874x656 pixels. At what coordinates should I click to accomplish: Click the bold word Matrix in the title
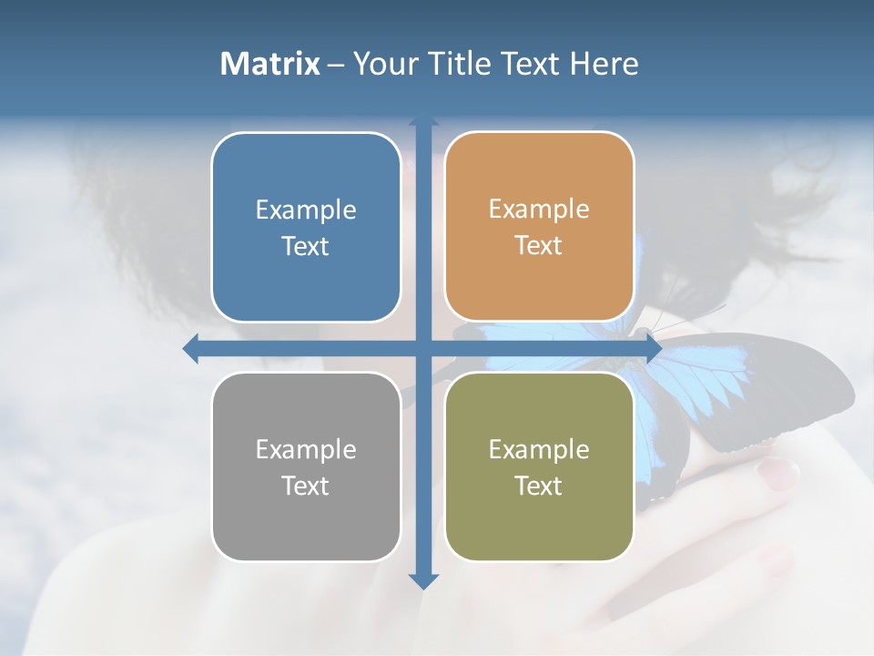tap(270, 64)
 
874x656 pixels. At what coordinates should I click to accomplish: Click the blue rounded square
tap(306, 228)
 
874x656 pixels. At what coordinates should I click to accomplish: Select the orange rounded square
tap(539, 227)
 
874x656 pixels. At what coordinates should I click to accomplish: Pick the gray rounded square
tap(306, 466)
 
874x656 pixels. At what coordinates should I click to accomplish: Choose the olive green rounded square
tap(539, 466)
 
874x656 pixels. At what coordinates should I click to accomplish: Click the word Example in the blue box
tap(306, 210)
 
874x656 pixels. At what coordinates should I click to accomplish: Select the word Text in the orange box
tap(539, 246)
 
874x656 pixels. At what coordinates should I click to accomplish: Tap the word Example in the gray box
tap(306, 449)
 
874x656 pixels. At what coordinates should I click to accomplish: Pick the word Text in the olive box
tap(539, 486)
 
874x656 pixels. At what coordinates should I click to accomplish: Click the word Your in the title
tap(382, 64)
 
